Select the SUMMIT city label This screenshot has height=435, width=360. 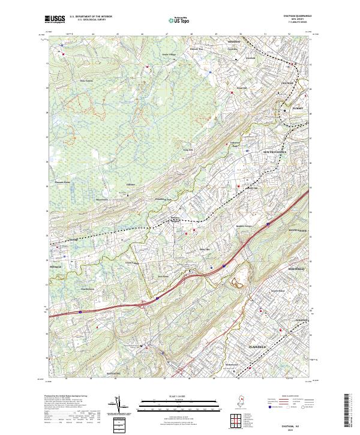coord(298,108)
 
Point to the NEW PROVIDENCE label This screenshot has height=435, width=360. coord(275,152)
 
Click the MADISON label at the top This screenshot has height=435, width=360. coord(234,42)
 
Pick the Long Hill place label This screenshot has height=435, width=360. coord(187,149)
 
